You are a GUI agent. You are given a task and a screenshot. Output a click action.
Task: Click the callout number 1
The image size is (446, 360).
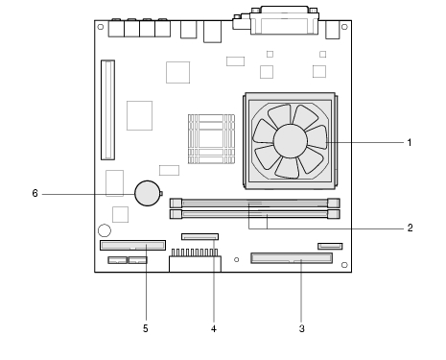pos(410,142)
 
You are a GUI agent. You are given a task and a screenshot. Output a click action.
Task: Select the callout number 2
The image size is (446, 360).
pos(410,228)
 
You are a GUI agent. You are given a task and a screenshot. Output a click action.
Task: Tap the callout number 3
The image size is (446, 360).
pos(301,328)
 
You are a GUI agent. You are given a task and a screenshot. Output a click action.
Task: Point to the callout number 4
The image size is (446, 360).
pos(214,328)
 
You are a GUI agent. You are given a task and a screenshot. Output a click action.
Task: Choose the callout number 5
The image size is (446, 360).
pos(146,328)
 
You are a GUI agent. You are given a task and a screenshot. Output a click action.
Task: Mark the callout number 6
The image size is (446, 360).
pos(35,193)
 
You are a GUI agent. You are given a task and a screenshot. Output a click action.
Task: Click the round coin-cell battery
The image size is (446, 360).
pos(148,193)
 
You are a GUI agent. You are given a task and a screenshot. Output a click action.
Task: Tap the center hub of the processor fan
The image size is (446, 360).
pos(291,141)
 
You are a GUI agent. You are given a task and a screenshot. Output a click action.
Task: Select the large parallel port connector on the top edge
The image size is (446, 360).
pos(284,20)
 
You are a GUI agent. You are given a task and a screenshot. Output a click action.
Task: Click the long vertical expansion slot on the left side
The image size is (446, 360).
pos(108,109)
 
